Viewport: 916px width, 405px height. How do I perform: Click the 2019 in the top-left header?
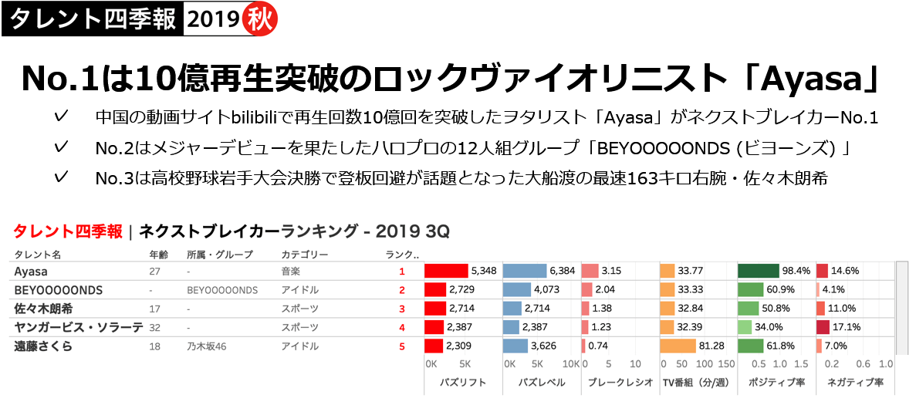[x=212, y=19]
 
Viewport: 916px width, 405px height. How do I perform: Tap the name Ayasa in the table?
[x=30, y=272]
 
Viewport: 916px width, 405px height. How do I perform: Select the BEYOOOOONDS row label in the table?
[x=59, y=290]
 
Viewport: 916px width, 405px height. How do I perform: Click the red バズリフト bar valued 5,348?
[x=446, y=271]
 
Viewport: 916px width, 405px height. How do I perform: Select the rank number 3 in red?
[x=402, y=309]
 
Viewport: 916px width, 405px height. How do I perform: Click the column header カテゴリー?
[x=305, y=254]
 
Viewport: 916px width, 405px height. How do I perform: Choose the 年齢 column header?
[x=158, y=254]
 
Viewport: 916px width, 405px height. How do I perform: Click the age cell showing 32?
[x=154, y=327]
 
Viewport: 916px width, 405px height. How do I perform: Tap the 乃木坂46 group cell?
[x=207, y=346]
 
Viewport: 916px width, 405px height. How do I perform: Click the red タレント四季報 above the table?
[x=68, y=231]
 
